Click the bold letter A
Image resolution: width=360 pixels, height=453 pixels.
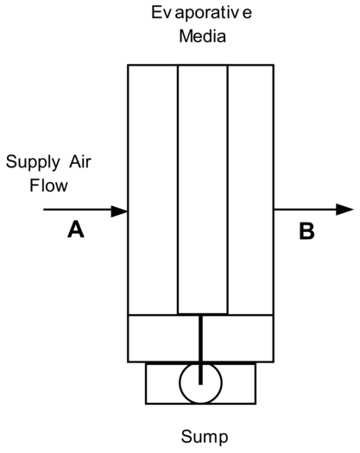76,230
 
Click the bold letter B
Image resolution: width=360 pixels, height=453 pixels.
306,231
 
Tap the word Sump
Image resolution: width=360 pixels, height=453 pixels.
205,437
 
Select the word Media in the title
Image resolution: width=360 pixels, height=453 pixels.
202,36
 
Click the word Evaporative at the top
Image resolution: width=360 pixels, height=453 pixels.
201,13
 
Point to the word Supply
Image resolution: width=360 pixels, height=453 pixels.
33,163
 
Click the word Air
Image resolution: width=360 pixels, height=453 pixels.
80,161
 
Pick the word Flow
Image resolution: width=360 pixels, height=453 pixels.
48,186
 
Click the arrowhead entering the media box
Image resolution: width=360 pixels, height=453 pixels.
119,211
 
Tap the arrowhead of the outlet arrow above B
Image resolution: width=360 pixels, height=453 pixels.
344,210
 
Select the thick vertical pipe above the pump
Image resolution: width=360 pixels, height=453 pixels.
200,349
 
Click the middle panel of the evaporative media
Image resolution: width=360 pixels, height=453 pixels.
203,189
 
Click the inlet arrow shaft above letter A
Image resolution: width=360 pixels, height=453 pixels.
78,210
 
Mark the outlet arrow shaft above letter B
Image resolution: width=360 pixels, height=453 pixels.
305,210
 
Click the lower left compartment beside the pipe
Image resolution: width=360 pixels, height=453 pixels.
163,338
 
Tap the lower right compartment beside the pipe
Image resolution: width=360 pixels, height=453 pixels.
238,338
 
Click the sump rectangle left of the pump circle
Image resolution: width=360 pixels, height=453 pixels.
162,383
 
